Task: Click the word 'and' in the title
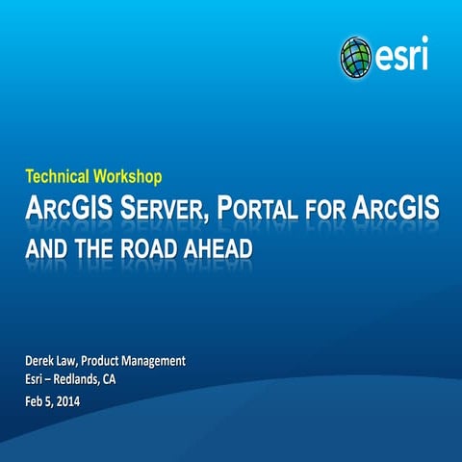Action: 50,248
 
